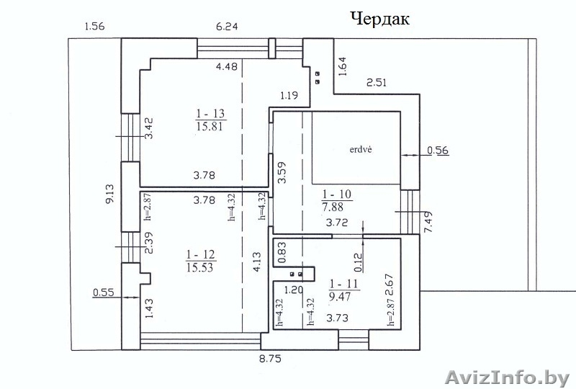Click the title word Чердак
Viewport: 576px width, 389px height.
380,19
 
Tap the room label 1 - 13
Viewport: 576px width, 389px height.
210,113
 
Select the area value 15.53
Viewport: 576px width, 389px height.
200,267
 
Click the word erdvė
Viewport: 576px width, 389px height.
361,150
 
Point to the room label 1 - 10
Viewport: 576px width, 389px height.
337,194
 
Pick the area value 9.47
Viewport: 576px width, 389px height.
340,296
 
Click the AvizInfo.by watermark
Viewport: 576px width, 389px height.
508,377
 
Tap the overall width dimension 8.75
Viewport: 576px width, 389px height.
271,359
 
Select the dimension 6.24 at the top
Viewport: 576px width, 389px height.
227,27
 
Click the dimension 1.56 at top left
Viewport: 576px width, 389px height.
94,27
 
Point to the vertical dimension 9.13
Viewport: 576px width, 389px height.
110,194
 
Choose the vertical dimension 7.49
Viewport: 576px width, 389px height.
428,222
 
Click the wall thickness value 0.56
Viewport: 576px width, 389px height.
438,151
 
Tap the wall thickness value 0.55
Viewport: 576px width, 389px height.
103,292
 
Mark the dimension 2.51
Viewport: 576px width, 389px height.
377,82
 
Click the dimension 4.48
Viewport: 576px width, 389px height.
227,66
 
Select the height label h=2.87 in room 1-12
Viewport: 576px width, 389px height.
148,207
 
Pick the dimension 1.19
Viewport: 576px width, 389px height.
289,96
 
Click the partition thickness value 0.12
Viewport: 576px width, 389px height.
358,262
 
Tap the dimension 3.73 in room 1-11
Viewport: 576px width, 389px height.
337,318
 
